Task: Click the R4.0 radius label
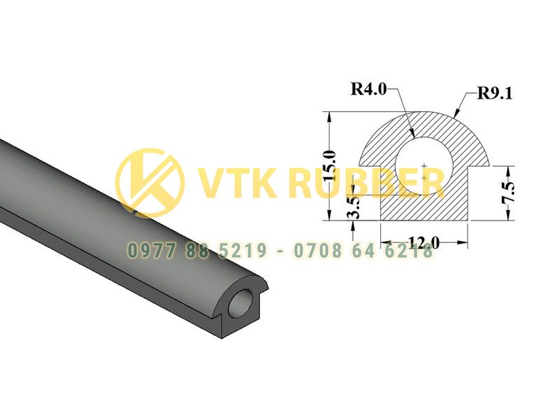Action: (x=369, y=89)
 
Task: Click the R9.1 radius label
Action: (x=495, y=93)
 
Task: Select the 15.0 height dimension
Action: (x=329, y=165)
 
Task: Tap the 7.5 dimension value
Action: (x=509, y=192)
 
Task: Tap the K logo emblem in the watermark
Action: (x=150, y=183)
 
